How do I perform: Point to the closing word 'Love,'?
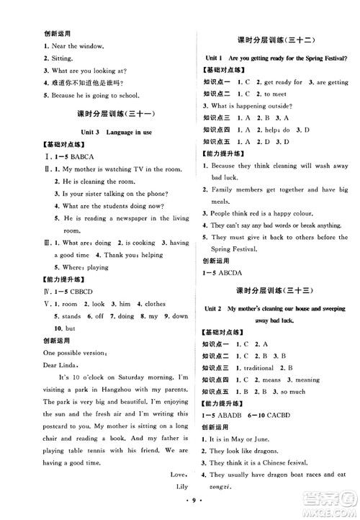pyautogui.click(x=161, y=473)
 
